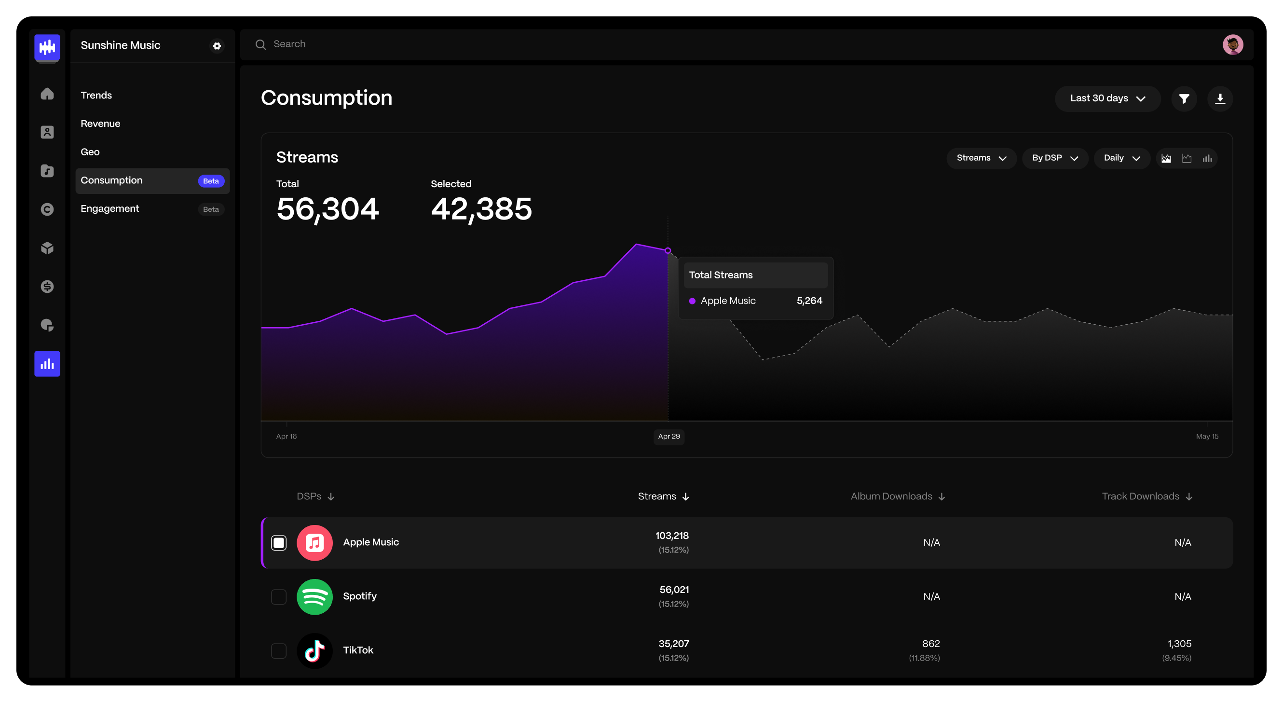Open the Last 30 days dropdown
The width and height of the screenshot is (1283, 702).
pyautogui.click(x=1107, y=98)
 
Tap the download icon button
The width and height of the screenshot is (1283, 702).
pyautogui.click(x=1220, y=98)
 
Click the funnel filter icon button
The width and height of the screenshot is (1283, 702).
pyautogui.click(x=1184, y=98)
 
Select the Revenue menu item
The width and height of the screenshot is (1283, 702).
pyautogui.click(x=101, y=124)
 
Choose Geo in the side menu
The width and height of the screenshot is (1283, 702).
pyautogui.click(x=90, y=152)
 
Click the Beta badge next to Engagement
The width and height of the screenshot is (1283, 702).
pyautogui.click(x=211, y=209)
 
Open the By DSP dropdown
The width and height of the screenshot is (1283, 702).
pyautogui.click(x=1054, y=158)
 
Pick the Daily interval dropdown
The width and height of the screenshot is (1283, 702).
pyautogui.click(x=1121, y=158)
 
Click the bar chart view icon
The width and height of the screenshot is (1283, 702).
pyautogui.click(x=1207, y=158)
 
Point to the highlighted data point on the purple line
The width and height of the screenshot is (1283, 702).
pyautogui.click(x=668, y=250)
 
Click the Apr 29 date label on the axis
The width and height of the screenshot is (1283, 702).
pyautogui.click(x=669, y=437)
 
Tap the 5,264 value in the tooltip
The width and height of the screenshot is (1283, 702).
pyautogui.click(x=809, y=301)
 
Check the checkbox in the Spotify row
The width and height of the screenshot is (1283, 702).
pyautogui.click(x=279, y=597)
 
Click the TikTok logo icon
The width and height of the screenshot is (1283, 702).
pyautogui.click(x=315, y=651)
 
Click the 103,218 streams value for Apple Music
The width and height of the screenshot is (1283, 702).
pyautogui.click(x=672, y=536)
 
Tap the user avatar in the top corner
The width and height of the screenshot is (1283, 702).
pyautogui.click(x=1233, y=45)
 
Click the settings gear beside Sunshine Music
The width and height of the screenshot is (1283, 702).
pyautogui.click(x=217, y=46)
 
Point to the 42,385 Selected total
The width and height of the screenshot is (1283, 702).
pyautogui.click(x=481, y=209)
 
